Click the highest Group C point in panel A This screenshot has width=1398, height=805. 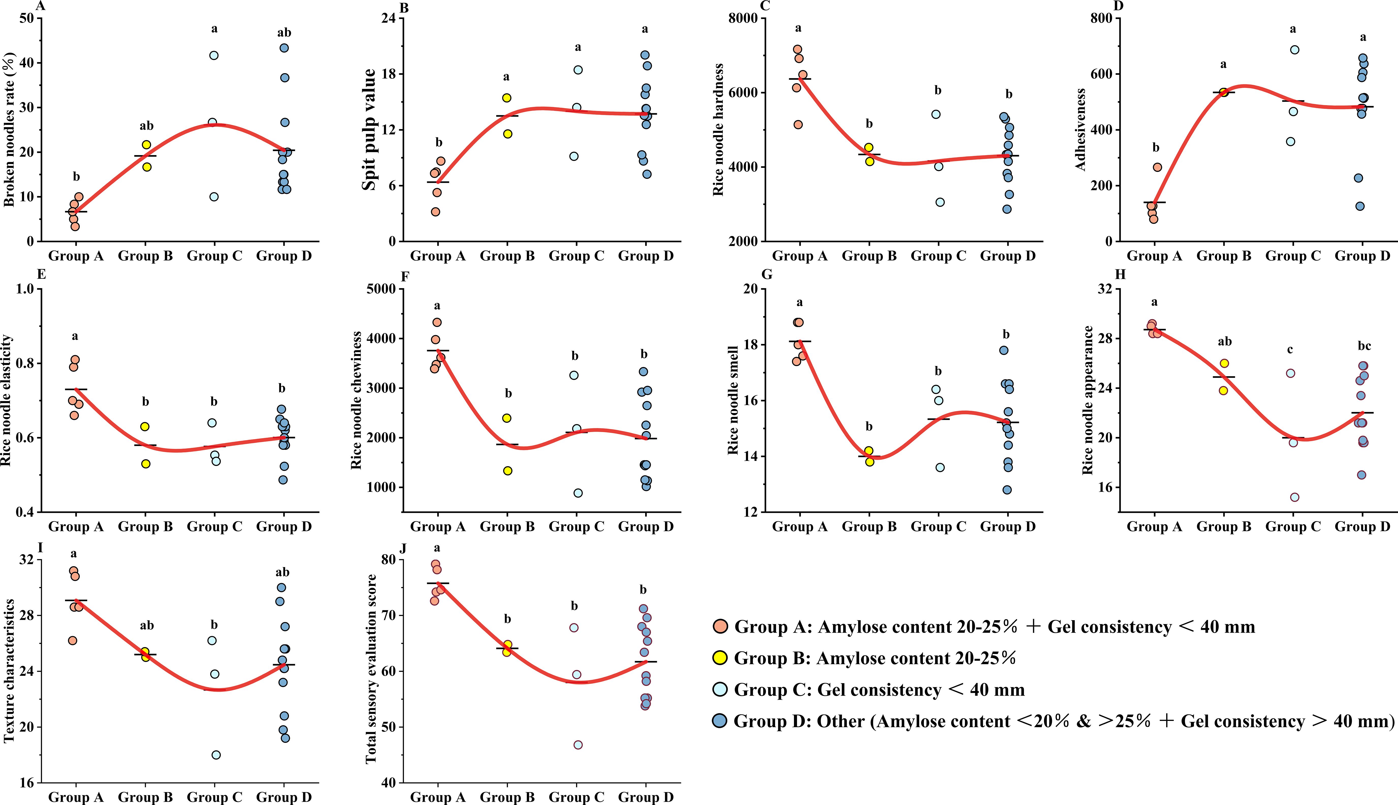[x=214, y=55]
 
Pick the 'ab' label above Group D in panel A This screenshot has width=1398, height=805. [x=284, y=32]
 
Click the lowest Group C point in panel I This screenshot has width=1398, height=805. [x=216, y=755]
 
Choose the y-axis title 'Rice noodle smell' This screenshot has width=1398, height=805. [x=733, y=400]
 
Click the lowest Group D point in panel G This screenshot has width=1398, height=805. [x=1007, y=490]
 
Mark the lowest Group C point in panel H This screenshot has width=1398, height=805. [x=1295, y=497]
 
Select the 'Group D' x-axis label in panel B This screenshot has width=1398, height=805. [x=646, y=256]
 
